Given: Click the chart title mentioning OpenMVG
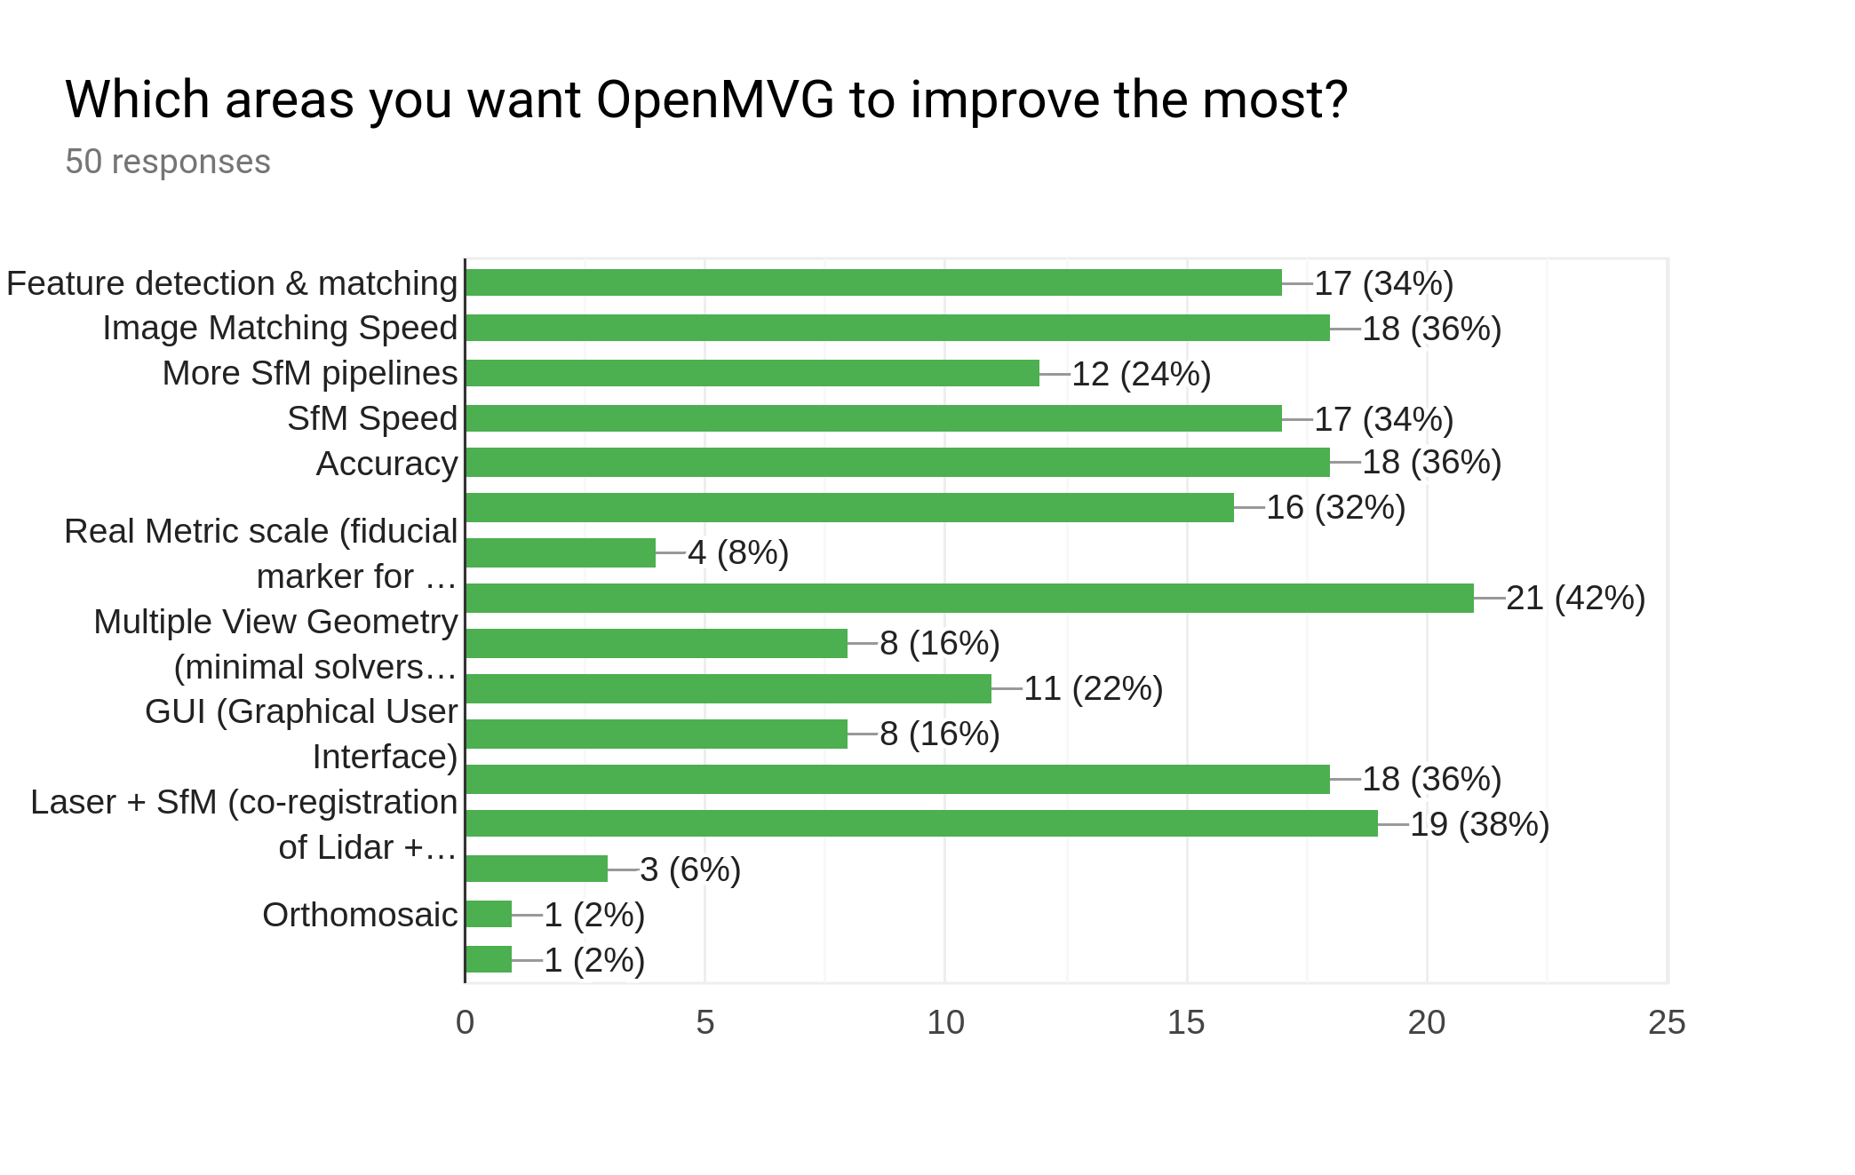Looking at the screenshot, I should click(x=706, y=99).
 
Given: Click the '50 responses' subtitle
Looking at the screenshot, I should click(x=168, y=163).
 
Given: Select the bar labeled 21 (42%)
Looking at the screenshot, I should click(x=968, y=599).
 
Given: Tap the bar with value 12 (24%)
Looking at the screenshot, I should click(x=752, y=373).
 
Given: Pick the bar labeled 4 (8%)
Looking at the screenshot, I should click(x=560, y=553).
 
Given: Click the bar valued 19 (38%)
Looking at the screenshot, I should click(x=920, y=824).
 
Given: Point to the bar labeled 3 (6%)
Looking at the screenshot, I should click(x=536, y=869).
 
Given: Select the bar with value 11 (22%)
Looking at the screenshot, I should click(x=728, y=689).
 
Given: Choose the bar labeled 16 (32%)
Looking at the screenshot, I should click(x=848, y=508).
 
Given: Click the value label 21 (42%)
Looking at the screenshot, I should click(x=1575, y=599).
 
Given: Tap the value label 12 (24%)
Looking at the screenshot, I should click(x=1141, y=374).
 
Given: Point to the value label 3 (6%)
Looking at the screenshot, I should click(x=689, y=870).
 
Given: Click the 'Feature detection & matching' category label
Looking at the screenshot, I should click(x=232, y=283).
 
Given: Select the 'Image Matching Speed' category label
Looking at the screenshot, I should click(x=280, y=328).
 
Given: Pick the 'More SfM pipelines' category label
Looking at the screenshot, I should click(x=310, y=373).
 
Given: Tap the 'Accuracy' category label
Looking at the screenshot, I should click(x=386, y=464).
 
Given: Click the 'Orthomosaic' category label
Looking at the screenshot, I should click(x=360, y=915).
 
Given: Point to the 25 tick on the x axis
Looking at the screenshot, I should click(x=1666, y=1023).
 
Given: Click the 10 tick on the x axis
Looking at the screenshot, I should click(x=945, y=1023).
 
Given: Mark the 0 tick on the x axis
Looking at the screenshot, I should click(x=465, y=1023).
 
